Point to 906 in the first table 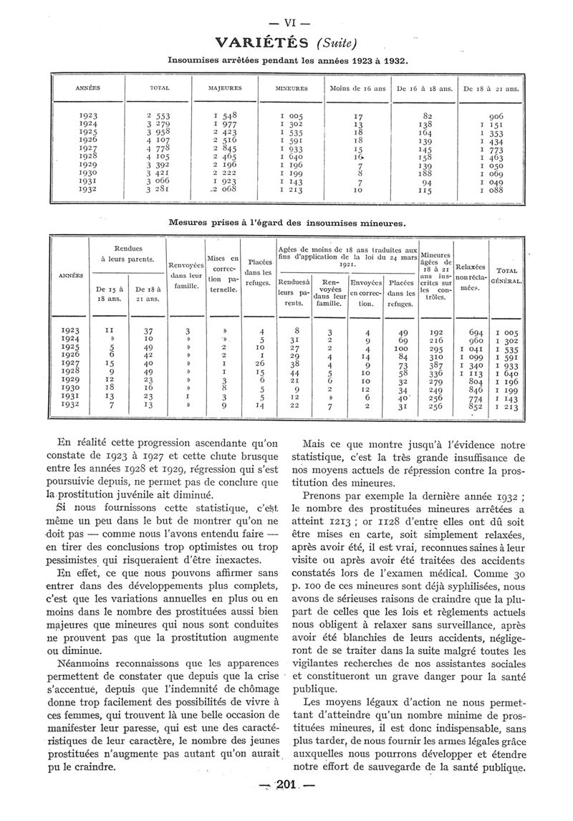click(x=496, y=116)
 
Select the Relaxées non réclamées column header click(x=470, y=276)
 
